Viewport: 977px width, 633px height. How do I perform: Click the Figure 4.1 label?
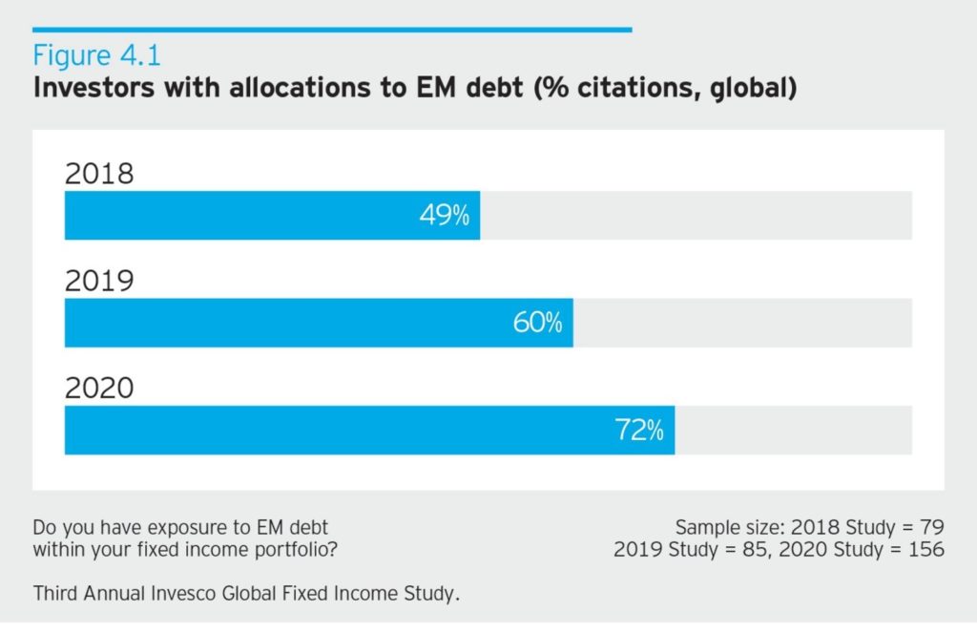point(97,54)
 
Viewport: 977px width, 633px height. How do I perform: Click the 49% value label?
point(445,216)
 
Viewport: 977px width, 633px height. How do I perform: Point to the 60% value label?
point(537,324)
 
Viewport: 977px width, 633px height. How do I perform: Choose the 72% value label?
point(638,431)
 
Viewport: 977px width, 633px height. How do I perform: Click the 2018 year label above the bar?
point(99,174)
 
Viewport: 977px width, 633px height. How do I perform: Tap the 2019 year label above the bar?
point(99,282)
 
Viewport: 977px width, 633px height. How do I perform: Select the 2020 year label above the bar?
point(99,389)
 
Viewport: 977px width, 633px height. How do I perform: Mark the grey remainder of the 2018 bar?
point(696,215)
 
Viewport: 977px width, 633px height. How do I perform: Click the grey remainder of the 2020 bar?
point(793,430)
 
